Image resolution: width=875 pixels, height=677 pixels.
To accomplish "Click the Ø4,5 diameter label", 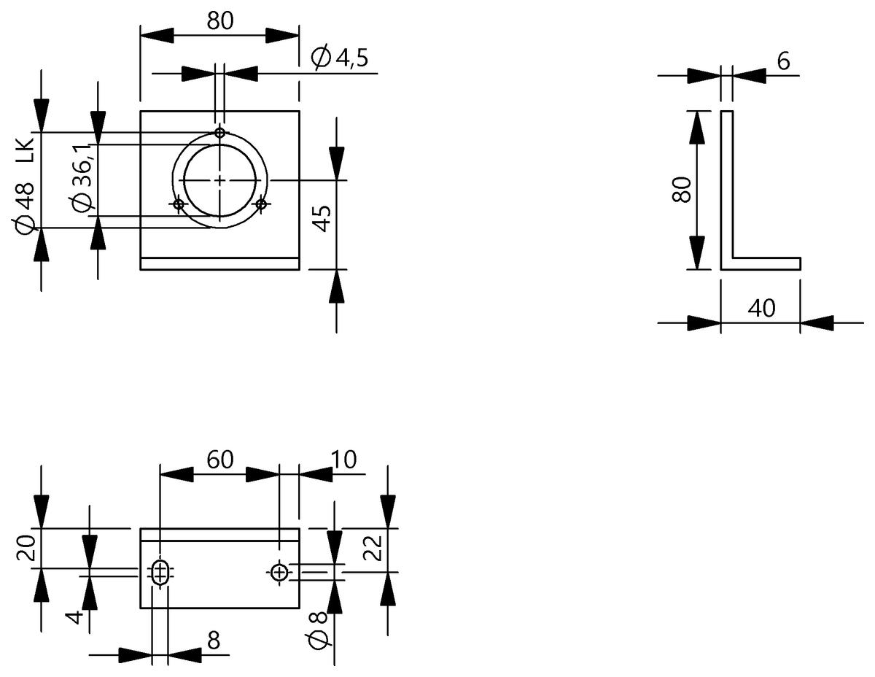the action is coord(340,58).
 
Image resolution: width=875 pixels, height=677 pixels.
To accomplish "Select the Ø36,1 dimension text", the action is coord(82,177).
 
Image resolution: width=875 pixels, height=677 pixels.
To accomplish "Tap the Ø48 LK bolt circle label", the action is coord(25,187).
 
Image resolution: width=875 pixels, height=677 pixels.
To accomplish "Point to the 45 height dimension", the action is coord(322,218).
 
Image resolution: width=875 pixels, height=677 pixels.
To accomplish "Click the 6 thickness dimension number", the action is coord(783,61).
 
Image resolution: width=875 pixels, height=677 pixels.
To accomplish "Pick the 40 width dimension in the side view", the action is coord(761,309).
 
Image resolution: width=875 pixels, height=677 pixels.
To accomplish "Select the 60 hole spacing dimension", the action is coord(220,459).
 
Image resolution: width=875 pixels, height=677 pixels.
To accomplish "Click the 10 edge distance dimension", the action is coord(343,459).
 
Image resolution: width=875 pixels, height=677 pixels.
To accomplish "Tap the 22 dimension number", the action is coord(373,548).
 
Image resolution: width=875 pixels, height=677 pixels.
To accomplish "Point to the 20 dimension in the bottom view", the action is coord(26,548).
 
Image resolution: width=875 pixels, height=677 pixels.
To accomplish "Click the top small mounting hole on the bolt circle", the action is coord(219,133).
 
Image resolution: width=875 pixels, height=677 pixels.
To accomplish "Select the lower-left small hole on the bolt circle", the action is coord(179,204).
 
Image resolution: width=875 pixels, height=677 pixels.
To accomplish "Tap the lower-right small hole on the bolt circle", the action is coord(261,204).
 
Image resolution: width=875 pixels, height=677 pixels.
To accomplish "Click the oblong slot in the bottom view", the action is coord(160,571).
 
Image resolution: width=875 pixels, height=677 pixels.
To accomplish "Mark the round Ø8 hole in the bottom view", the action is coord(279,572).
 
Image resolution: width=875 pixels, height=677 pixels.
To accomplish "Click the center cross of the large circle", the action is coord(219,180).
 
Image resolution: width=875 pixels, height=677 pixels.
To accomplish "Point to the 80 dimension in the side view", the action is coord(681,189).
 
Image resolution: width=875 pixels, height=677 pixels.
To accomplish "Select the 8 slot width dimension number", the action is coord(214,641).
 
